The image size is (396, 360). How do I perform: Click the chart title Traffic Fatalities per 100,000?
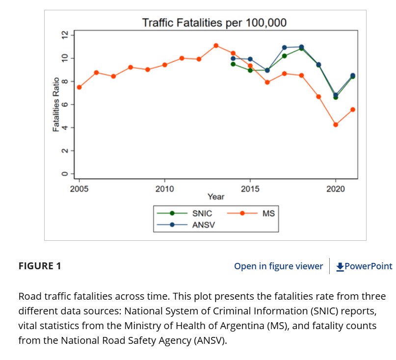(214, 23)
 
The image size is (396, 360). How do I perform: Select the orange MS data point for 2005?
(79, 87)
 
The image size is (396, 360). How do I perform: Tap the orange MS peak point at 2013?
(216, 46)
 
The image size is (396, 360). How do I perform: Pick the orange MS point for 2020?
(336, 125)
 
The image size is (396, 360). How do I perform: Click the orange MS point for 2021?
(353, 109)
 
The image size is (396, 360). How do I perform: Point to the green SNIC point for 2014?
(233, 64)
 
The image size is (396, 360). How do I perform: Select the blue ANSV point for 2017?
(285, 48)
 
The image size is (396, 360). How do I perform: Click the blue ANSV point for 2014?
(233, 58)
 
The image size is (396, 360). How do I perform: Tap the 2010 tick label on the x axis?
(164, 188)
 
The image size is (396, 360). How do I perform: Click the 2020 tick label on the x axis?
(336, 188)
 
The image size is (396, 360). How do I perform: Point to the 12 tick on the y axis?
(63, 35)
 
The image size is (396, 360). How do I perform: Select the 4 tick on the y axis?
(63, 128)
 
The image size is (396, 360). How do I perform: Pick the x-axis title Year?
(216, 197)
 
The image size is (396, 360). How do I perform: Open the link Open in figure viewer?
(278, 266)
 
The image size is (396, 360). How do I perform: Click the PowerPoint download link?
(364, 266)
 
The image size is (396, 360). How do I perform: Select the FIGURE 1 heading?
(40, 266)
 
